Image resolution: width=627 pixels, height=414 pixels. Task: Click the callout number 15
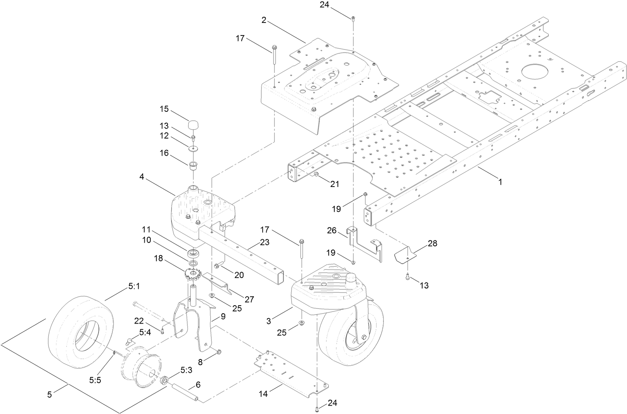tap(164, 109)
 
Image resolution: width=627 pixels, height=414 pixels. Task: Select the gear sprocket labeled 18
tap(192, 274)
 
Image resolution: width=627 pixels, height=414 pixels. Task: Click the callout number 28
tap(433, 243)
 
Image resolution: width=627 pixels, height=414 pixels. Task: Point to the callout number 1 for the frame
tap(500, 182)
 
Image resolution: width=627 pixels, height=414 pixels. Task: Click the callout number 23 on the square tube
tap(265, 242)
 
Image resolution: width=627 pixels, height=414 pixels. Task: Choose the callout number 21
tap(335, 184)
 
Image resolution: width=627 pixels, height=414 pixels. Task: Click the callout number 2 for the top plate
tap(264, 20)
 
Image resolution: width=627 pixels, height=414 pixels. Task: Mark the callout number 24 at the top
tap(325, 5)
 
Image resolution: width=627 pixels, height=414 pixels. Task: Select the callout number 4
tap(142, 177)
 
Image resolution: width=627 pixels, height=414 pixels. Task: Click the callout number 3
tap(269, 321)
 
